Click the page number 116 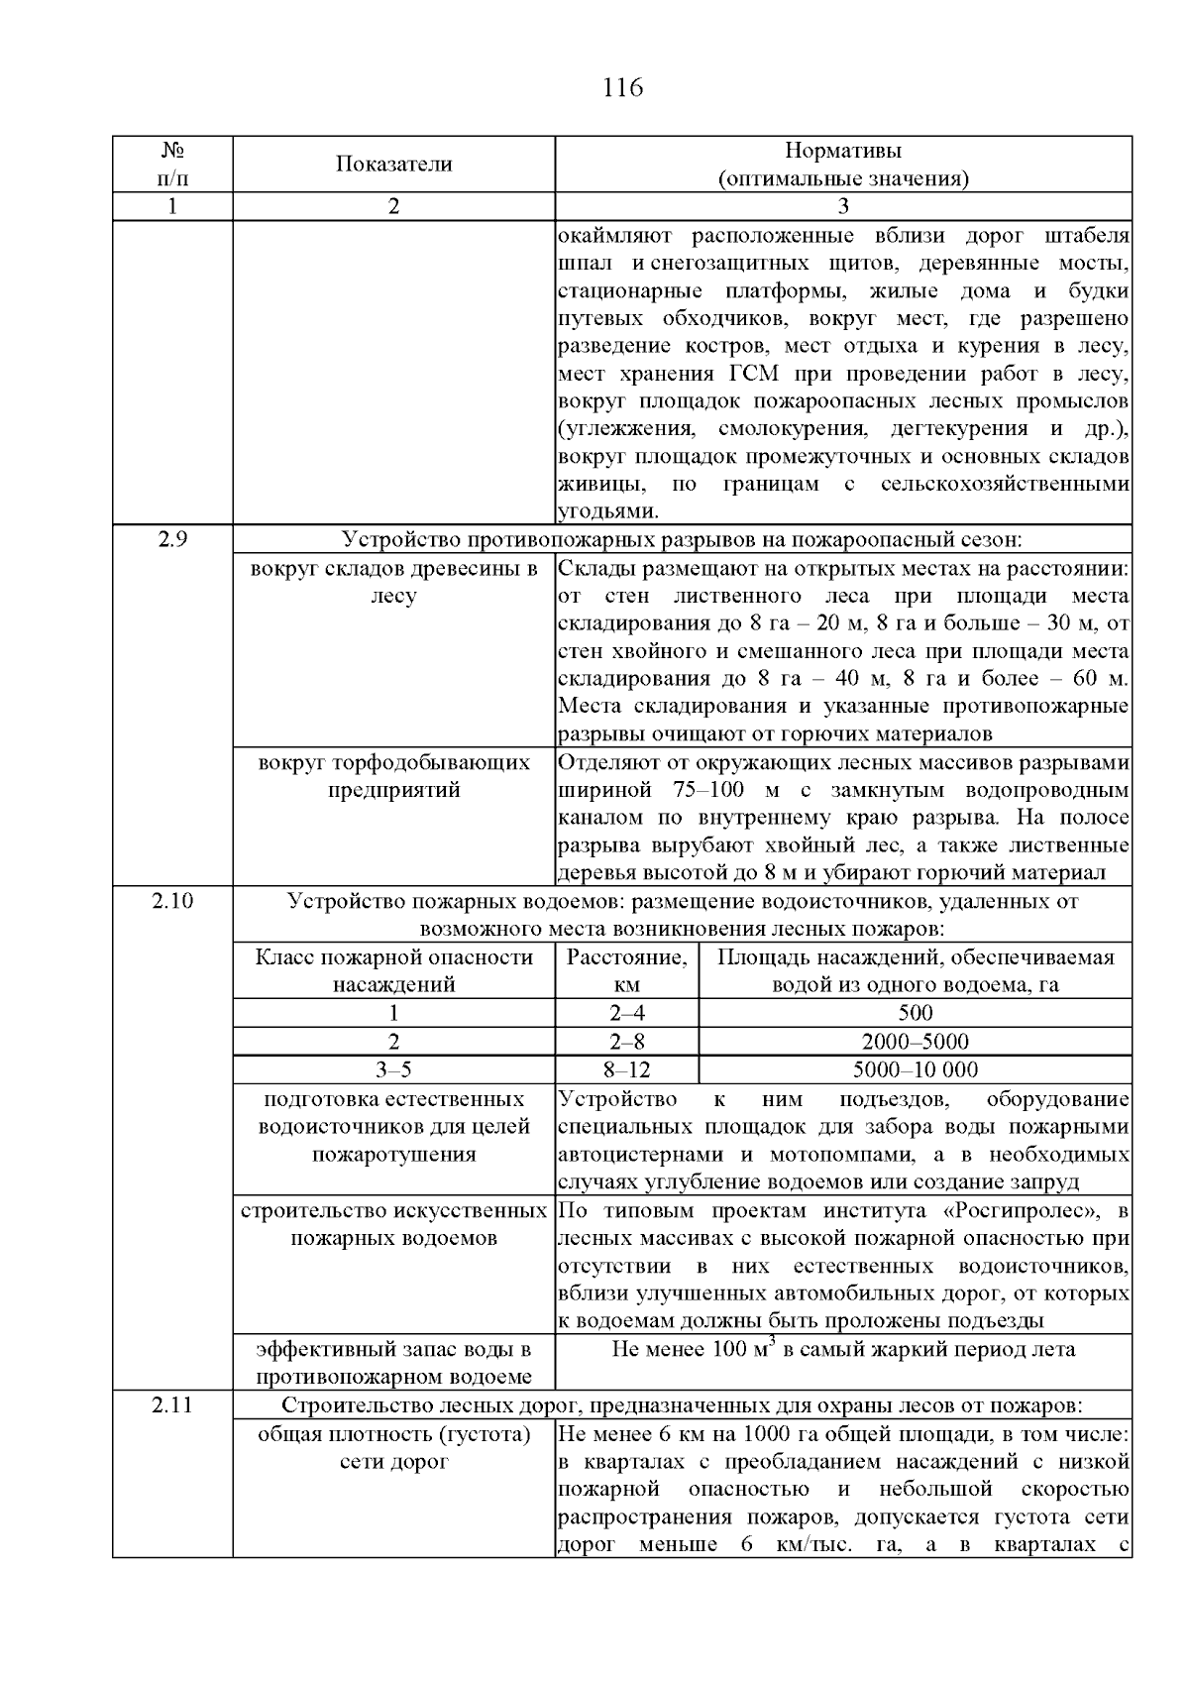(622, 88)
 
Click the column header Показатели (393, 165)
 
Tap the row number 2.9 (172, 540)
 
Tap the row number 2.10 (172, 901)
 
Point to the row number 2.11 (172, 1404)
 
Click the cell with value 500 (915, 1013)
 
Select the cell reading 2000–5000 (915, 1042)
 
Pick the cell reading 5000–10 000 (915, 1069)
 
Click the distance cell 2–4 (626, 1013)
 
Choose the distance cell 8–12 (626, 1069)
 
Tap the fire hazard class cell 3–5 (393, 1069)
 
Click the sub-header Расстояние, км (626, 971)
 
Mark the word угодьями (605, 512)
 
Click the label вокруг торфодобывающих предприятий (393, 777)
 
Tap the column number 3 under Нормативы (843, 206)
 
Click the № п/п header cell (172, 165)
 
